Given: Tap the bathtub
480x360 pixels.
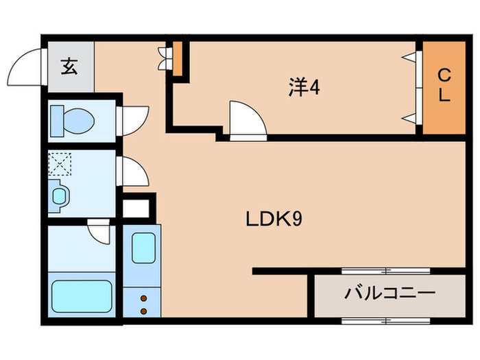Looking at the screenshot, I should (82, 296).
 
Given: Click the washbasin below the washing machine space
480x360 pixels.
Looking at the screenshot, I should (60, 196).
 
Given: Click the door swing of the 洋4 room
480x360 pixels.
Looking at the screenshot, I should (247, 121).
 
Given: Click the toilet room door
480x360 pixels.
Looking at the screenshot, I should (134, 119).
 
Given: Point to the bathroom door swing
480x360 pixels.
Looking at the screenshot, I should (99, 232).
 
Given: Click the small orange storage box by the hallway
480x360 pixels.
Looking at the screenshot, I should (177, 59).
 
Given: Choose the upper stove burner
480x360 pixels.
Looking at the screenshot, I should (143, 298).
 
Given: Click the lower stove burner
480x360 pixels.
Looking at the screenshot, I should (143, 310).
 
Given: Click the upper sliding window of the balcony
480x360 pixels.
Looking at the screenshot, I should (386, 270).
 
